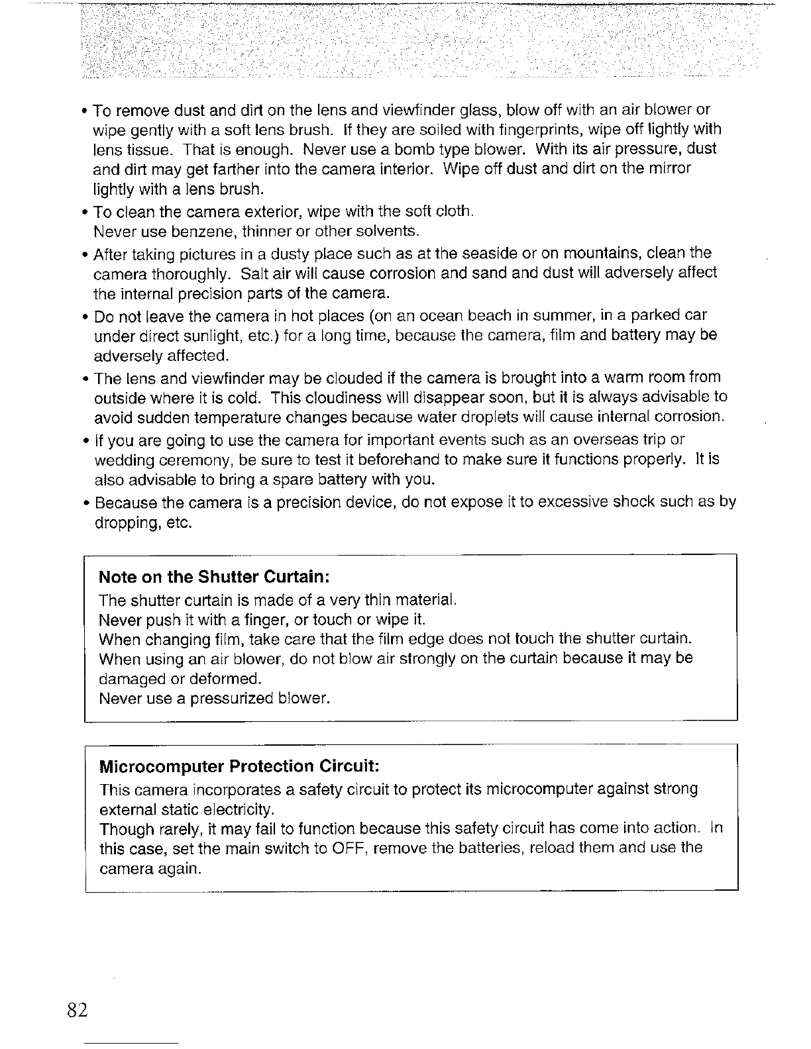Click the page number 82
coord(77,1011)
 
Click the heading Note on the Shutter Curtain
coord(214,576)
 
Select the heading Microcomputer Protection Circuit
coord(239,766)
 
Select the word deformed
coord(225,679)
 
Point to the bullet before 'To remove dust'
coord(86,109)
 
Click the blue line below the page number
coord(132,1043)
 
